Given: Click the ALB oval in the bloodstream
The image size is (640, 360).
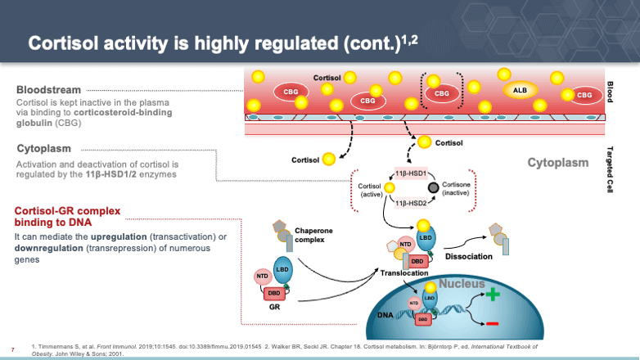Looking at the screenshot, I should point(520,89).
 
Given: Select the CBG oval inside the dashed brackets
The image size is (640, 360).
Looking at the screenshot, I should point(442,93).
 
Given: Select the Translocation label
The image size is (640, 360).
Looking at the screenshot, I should point(405,272).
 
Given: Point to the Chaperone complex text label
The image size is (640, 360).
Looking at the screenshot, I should point(313,236).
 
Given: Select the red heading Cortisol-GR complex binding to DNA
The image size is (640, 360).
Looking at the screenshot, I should point(67,217).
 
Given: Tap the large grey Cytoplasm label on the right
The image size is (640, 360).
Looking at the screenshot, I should point(557,162).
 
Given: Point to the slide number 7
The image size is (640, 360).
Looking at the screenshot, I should point(12,345).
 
